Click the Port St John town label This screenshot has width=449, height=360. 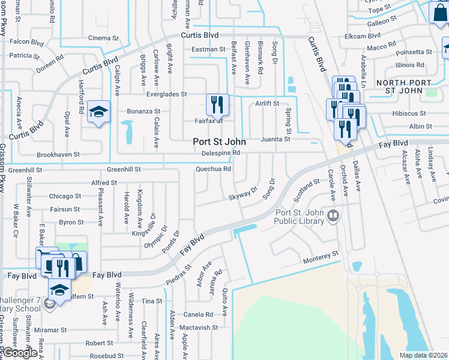(218, 142)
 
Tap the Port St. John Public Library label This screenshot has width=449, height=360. (299, 217)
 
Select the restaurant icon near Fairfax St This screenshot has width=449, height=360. (217, 105)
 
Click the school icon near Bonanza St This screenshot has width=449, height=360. (98, 112)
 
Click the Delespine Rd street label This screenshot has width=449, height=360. (220, 153)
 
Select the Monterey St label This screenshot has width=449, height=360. (321, 258)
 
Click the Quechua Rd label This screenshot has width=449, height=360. (213, 169)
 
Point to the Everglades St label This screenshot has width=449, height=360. (167, 94)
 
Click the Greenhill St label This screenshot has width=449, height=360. (124, 170)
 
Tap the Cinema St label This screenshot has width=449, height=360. (104, 38)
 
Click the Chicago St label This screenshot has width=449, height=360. (65, 196)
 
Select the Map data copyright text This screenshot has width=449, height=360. (423, 355)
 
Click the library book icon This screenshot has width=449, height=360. (333, 215)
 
